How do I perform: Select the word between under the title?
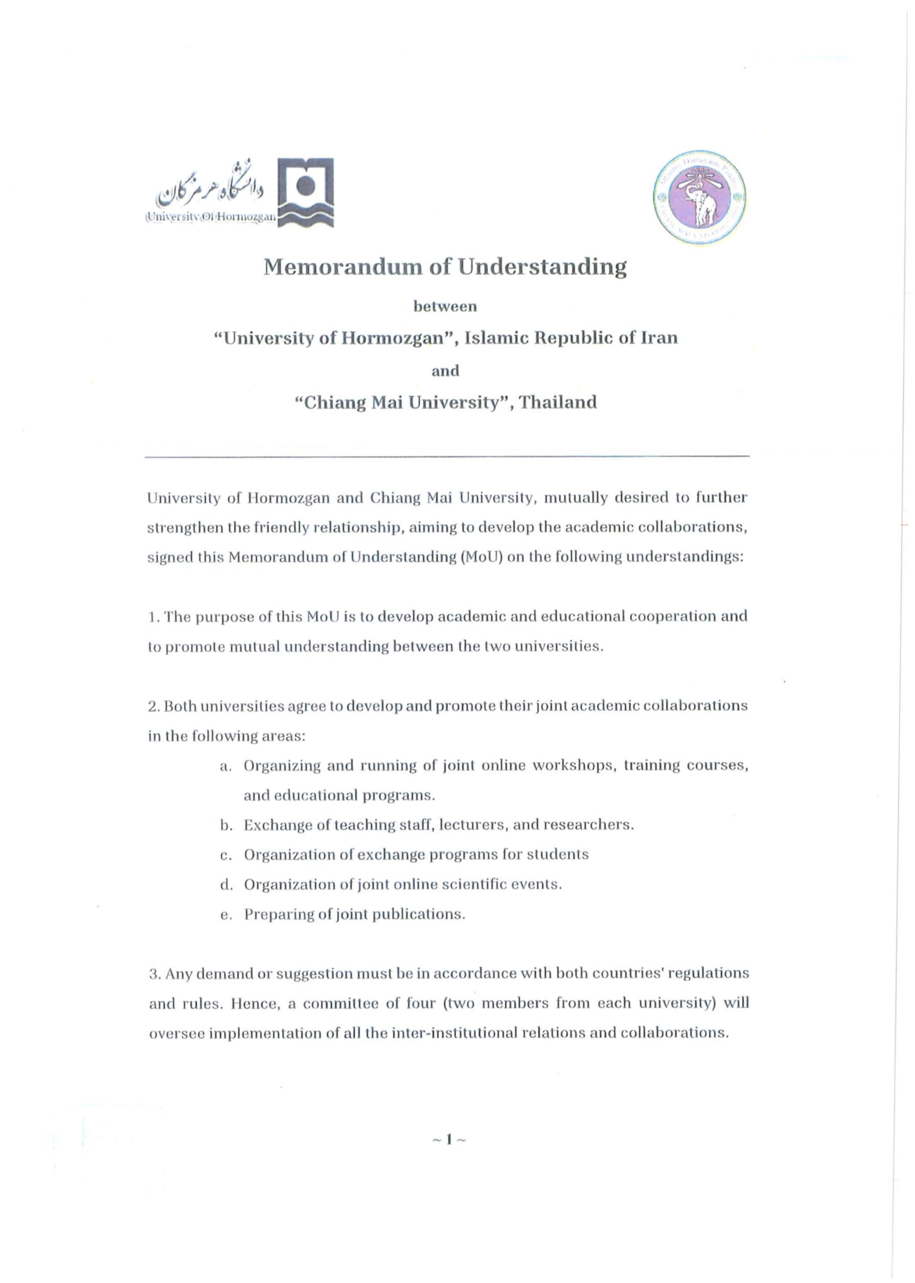click(x=445, y=307)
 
